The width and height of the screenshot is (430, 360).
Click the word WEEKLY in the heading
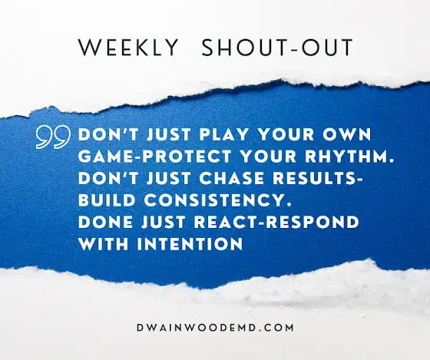click(x=128, y=48)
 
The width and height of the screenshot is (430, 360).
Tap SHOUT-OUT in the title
click(x=277, y=48)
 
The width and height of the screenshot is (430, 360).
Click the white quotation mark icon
click(x=53, y=137)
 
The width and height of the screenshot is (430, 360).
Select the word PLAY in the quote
click(x=223, y=134)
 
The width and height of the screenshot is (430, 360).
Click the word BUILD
click(x=107, y=200)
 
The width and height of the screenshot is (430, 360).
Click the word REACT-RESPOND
click(x=276, y=222)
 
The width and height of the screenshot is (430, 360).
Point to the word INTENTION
click(x=190, y=244)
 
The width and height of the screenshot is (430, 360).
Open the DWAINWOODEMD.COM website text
click(x=215, y=328)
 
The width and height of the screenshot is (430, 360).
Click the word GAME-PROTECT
click(x=155, y=157)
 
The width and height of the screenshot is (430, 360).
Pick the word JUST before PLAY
click(x=168, y=134)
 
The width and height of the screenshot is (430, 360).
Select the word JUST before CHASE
click(x=168, y=178)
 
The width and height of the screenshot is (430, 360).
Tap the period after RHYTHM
click(x=392, y=161)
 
